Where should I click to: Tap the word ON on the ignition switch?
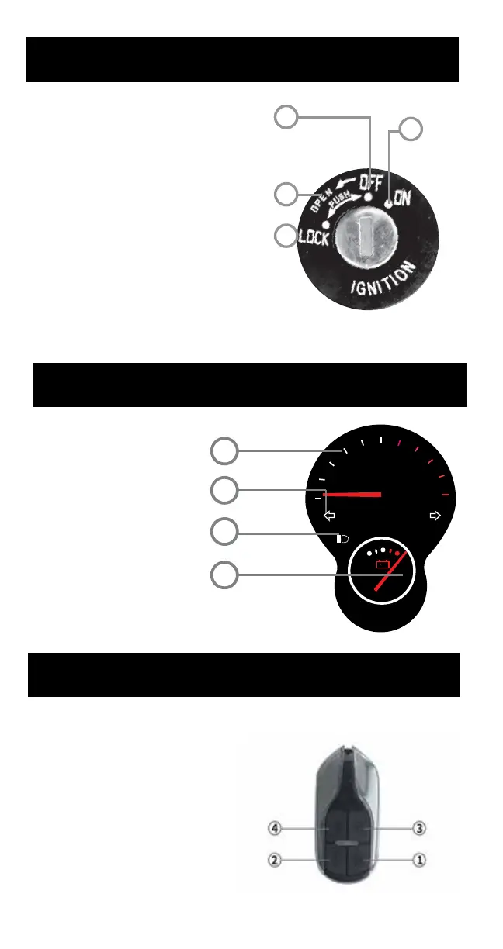tap(401, 198)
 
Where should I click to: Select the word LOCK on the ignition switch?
tap(314, 238)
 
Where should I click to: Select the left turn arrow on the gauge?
tap(329, 515)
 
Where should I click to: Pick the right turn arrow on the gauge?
tap(435, 515)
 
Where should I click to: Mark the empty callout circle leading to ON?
tap(413, 129)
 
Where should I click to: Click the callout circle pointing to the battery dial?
tap(224, 575)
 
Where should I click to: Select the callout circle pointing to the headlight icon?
tap(224, 533)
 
